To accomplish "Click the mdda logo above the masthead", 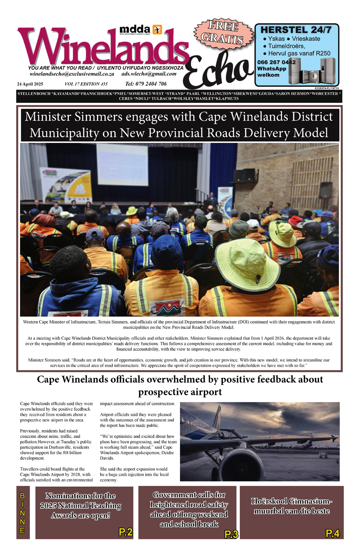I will pyautogui.click(x=141, y=30).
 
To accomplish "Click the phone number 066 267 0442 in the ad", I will pyautogui.click(x=276, y=62).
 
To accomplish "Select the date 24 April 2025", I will pyautogui.click(x=30, y=84).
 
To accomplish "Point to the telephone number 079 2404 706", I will pyautogui.click(x=146, y=84).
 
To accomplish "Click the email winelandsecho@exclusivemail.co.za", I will pyautogui.click(x=72, y=74).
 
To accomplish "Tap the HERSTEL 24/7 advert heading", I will pyautogui.click(x=296, y=30).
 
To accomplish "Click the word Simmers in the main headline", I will pyautogui.click(x=98, y=117).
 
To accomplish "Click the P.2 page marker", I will pyautogui.click(x=126, y=532).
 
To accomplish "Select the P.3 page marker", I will pyautogui.click(x=231, y=534).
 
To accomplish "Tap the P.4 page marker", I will pyautogui.click(x=332, y=533).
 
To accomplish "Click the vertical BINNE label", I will pyautogui.click(x=22, y=513).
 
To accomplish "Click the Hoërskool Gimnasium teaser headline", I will pyautogui.click(x=291, y=506).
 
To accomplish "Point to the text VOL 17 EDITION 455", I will pyautogui.click(x=86, y=84).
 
